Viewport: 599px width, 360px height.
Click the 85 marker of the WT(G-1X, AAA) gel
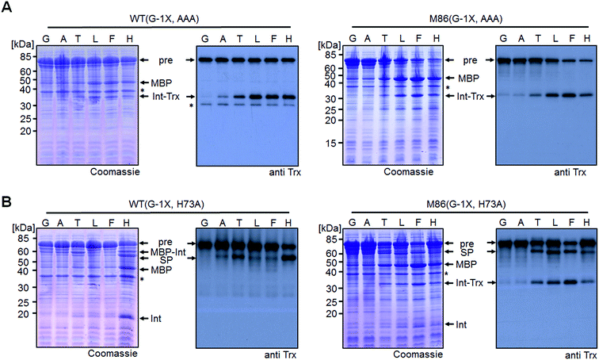[25, 56]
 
